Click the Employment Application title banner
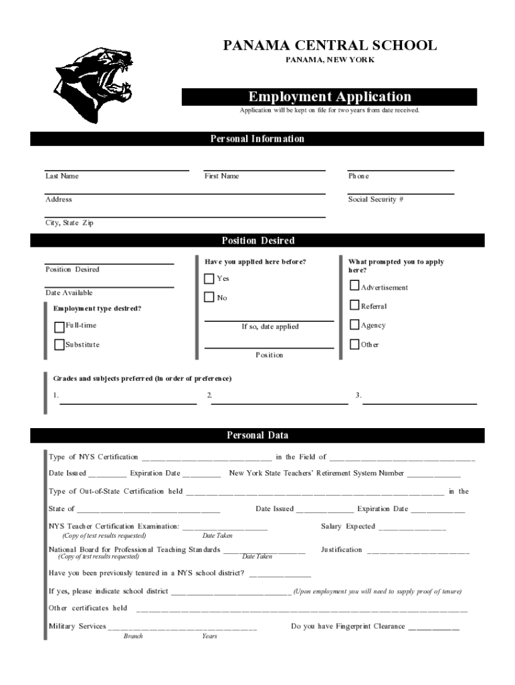point(330,97)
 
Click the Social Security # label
point(375,199)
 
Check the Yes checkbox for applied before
point(209,278)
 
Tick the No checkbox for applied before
point(209,297)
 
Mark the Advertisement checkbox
point(354,286)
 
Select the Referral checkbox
point(354,306)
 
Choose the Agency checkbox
point(354,325)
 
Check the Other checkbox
point(354,345)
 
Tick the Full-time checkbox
point(60,326)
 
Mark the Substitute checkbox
point(60,345)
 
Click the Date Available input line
point(109,286)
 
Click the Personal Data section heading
point(257,435)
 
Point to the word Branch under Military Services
point(133,636)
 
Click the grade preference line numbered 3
point(419,403)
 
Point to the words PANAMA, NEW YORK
point(330,60)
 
